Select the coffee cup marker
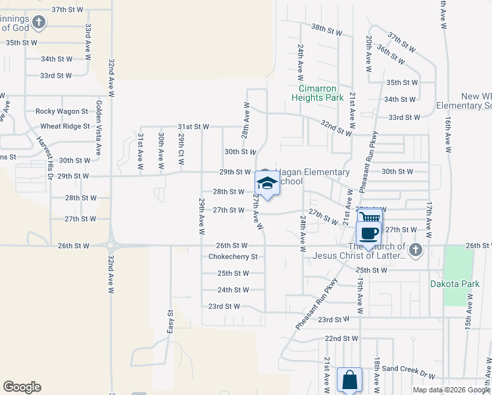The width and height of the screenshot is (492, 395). point(368,232)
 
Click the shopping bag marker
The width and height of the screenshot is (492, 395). point(349,380)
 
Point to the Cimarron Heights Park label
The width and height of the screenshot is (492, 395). point(318,93)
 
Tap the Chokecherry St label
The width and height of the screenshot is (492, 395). point(233,257)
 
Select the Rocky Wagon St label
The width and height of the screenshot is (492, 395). point(62,112)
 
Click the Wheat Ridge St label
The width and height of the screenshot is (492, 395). point(65,126)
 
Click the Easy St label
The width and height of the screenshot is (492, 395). point(170,321)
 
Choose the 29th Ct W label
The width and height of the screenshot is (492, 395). point(182,148)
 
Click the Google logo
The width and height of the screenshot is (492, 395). point(22,387)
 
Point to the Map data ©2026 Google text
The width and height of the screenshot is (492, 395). point(451,390)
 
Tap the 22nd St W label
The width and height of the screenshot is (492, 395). point(341,338)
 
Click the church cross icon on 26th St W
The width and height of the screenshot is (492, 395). point(414,250)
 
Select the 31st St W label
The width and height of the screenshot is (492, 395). point(193,126)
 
